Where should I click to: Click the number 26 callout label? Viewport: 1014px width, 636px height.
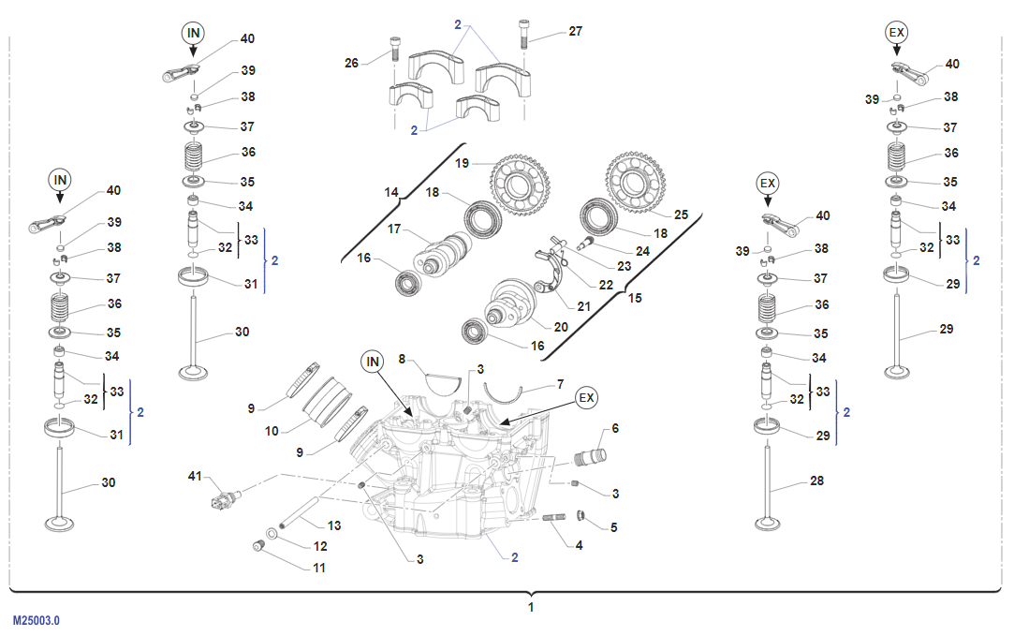tap(351, 63)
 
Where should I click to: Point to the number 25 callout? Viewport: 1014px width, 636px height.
tap(681, 214)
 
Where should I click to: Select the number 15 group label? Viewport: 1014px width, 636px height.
tap(635, 298)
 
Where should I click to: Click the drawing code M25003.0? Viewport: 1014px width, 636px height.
tap(36, 620)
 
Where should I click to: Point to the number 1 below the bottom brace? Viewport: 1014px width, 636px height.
tap(531, 608)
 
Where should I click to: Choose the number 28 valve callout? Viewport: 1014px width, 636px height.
tap(817, 481)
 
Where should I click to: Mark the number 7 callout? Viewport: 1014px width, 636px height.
tap(560, 384)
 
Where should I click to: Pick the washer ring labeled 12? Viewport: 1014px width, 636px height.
tap(272, 533)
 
